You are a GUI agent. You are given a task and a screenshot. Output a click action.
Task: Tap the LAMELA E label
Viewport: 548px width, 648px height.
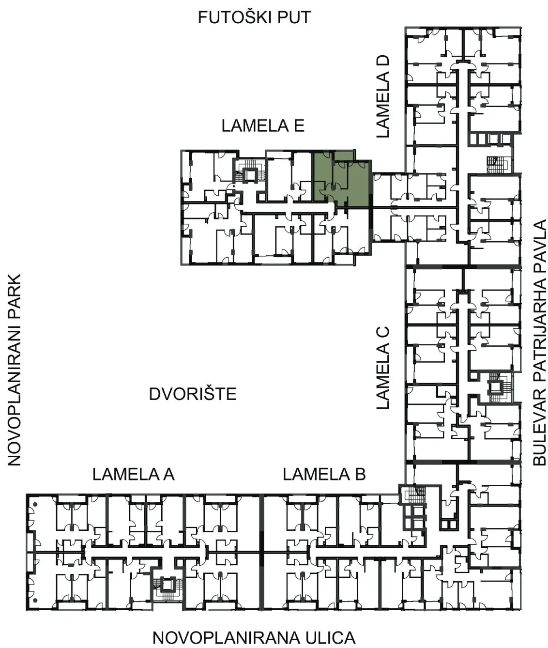point(263,126)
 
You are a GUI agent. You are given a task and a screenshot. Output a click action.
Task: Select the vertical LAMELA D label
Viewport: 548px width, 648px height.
point(382,96)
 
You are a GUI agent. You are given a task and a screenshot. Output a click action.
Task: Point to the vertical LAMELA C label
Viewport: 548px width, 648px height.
point(382,368)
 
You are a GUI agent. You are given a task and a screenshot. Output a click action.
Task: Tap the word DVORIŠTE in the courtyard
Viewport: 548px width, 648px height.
point(193,394)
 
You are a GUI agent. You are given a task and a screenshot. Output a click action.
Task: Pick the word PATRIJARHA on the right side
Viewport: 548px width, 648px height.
point(539,325)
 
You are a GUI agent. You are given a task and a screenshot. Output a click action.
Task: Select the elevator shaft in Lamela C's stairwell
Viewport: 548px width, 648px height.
point(496,387)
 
